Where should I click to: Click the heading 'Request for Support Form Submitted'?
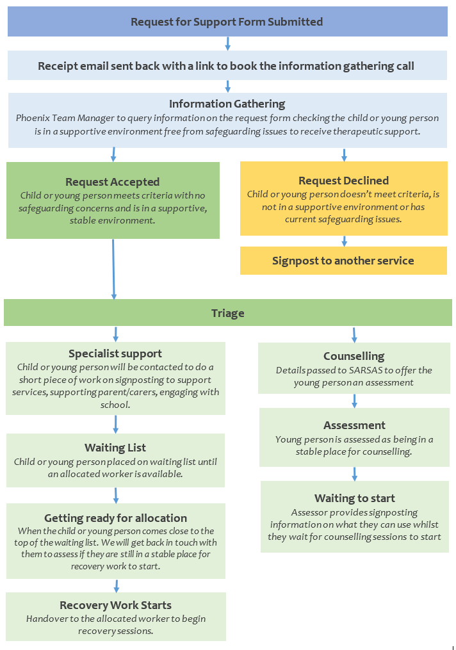(227, 22)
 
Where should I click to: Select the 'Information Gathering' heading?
(227, 104)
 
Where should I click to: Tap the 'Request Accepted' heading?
(112, 182)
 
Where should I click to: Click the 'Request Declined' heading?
(344, 181)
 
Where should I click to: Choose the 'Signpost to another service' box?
(343, 261)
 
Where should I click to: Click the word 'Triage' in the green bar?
(227, 313)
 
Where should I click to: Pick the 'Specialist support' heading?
(115, 353)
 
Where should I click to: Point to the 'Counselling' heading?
(354, 356)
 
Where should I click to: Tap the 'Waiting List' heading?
(115, 448)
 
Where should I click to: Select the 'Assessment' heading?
(354, 425)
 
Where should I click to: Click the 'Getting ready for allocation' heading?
(116, 518)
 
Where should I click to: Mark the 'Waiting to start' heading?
(355, 498)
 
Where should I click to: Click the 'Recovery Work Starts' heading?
(116, 605)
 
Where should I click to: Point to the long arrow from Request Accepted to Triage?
(113, 269)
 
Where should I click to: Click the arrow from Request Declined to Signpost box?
(344, 241)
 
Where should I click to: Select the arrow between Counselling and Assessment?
(354, 401)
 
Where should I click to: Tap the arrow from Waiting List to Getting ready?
(116, 496)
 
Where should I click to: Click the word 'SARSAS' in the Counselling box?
(366, 370)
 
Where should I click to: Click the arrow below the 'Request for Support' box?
(227, 44)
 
